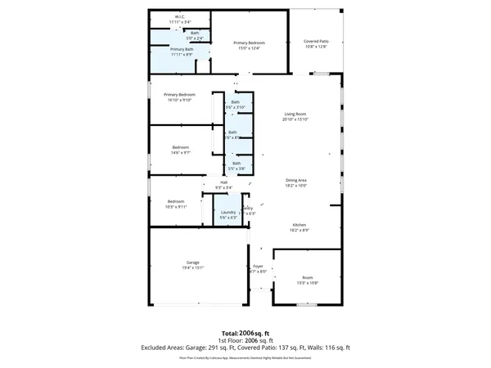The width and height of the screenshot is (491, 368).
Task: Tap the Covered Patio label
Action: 315,42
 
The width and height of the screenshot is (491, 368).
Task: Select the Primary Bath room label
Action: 182,51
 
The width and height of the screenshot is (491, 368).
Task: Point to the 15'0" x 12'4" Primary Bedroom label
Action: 246,43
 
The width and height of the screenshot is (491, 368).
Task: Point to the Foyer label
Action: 258,267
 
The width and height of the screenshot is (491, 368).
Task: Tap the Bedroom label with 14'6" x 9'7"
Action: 181,148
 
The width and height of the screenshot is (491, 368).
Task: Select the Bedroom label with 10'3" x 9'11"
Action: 177,202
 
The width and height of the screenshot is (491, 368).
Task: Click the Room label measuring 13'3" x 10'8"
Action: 308,278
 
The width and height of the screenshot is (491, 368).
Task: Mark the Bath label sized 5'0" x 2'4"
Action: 195,34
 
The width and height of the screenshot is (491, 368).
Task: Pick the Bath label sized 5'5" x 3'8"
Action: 236,164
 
